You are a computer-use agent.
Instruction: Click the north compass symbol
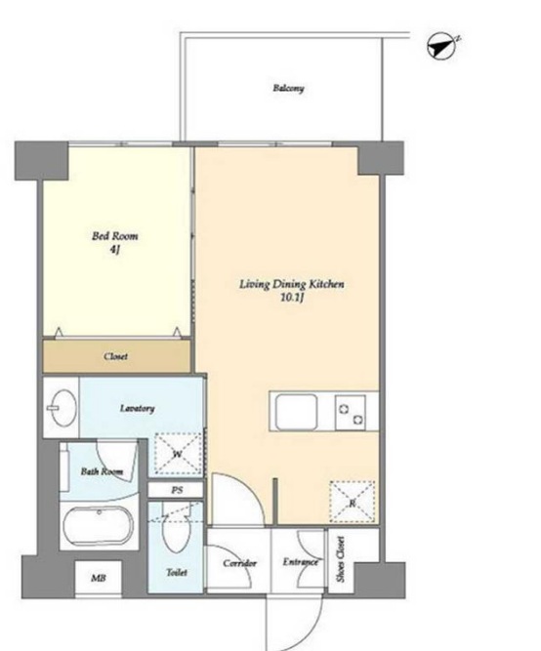(x=442, y=46)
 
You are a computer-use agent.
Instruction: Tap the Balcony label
(x=288, y=88)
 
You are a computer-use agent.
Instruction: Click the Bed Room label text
(x=114, y=236)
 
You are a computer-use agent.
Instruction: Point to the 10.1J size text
(x=292, y=298)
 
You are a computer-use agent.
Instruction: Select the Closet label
(x=115, y=356)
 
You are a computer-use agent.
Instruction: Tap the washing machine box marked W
(x=178, y=454)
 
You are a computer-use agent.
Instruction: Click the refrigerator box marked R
(x=353, y=502)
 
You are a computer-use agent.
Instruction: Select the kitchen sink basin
(x=297, y=412)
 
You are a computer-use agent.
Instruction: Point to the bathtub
(x=99, y=525)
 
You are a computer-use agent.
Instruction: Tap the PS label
(x=177, y=490)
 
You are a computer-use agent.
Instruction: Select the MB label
(x=98, y=578)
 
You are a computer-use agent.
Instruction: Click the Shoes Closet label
(x=341, y=559)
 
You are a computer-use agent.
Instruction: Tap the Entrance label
(x=301, y=562)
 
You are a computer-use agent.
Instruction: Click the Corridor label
(x=239, y=563)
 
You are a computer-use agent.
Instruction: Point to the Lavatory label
(x=137, y=409)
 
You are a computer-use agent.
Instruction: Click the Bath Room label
(x=102, y=471)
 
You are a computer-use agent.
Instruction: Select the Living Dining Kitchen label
(x=292, y=284)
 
